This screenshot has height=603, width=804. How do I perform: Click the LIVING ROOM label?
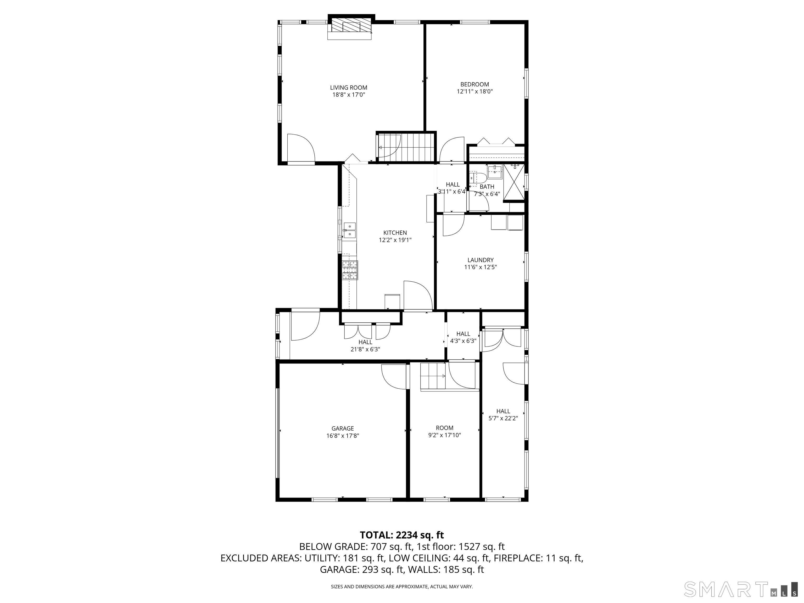click(349, 88)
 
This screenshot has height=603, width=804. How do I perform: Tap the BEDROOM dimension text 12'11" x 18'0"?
click(475, 92)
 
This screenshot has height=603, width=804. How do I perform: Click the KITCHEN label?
click(395, 233)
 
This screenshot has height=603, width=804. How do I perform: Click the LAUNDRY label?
click(480, 260)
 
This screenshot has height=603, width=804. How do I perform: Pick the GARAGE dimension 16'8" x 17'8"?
click(342, 435)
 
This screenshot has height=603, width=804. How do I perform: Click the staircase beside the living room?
click(406, 147)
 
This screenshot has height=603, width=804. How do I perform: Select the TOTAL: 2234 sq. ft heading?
click(402, 535)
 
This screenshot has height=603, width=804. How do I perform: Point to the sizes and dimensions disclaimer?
click(402, 586)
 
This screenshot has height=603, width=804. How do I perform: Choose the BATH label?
click(487, 187)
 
